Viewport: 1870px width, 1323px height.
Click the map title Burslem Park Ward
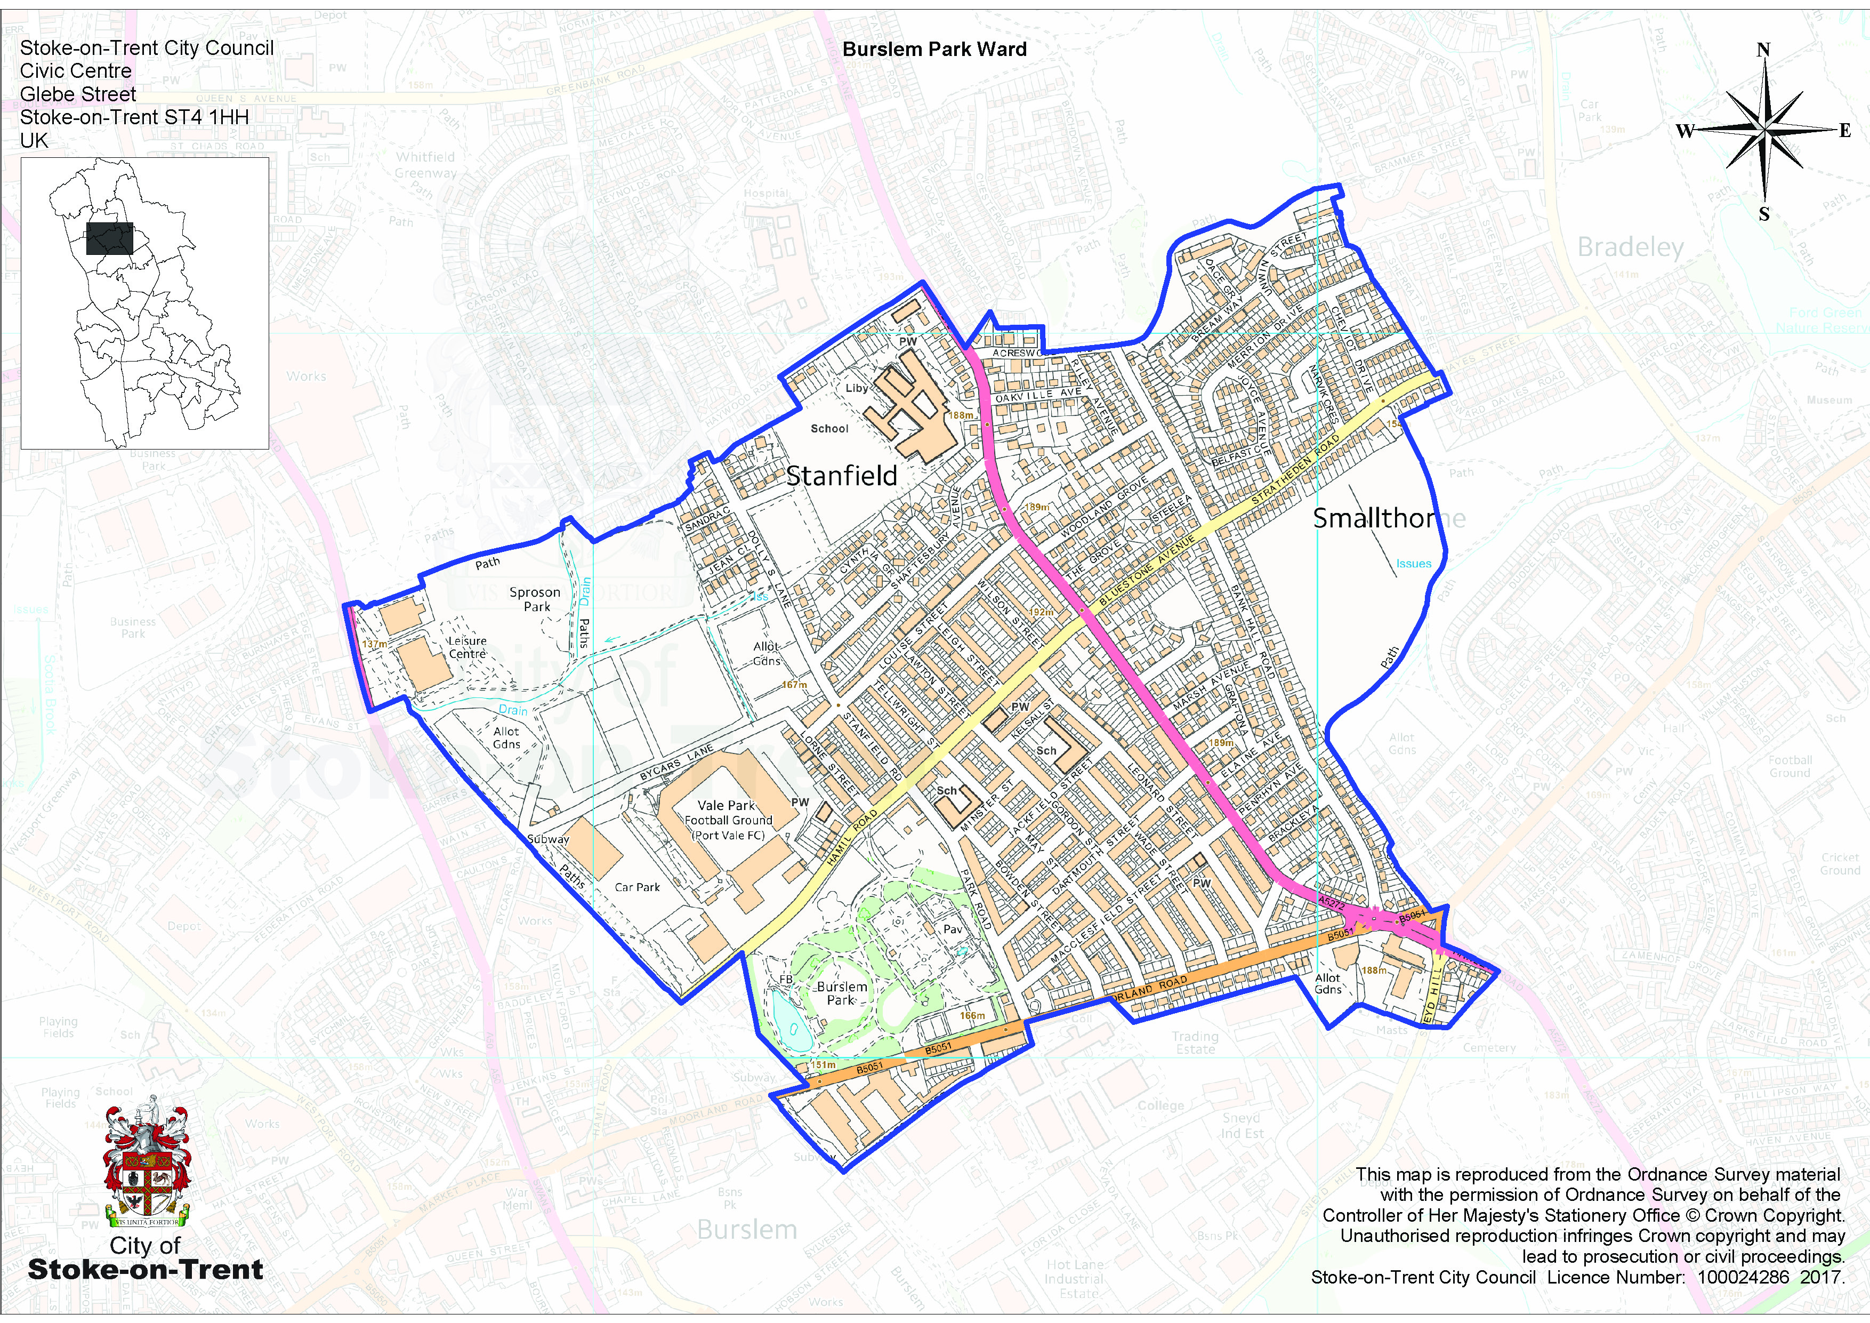point(934,50)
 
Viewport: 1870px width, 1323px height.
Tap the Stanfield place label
point(841,476)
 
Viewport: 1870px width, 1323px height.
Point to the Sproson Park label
point(535,599)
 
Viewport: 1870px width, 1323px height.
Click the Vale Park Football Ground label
point(728,820)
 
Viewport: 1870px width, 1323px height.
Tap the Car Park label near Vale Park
point(638,887)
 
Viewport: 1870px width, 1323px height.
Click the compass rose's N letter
point(1763,50)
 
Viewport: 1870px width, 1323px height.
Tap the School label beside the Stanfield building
point(829,429)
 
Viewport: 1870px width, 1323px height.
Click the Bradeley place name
point(1630,247)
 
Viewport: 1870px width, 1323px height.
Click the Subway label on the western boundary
point(548,839)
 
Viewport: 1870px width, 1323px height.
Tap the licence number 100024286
point(1743,1277)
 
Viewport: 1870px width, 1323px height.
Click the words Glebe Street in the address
point(78,94)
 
